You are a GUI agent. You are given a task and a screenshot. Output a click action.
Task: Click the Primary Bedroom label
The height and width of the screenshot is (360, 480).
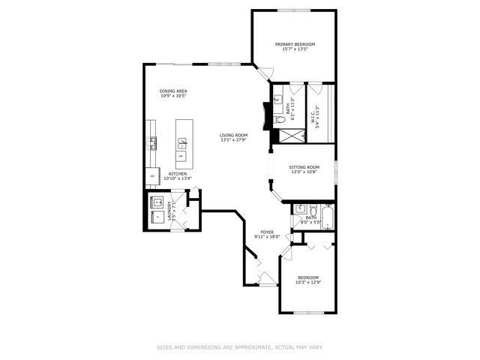pyautogui.click(x=294, y=44)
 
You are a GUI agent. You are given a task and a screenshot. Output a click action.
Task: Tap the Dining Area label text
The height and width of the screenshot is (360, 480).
pyautogui.click(x=173, y=91)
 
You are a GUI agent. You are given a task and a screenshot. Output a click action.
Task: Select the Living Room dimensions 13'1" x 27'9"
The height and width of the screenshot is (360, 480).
pyautogui.click(x=234, y=140)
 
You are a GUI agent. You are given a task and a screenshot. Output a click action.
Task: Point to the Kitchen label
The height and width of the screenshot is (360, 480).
pyautogui.click(x=178, y=173)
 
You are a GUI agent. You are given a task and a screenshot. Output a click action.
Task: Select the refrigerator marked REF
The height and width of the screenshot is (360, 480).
pyautogui.click(x=153, y=177)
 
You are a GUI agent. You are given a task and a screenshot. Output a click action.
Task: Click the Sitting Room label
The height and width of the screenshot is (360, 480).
pyautogui.click(x=304, y=167)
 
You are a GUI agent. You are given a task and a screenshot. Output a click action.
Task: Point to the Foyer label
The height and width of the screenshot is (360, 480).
pyautogui.click(x=266, y=232)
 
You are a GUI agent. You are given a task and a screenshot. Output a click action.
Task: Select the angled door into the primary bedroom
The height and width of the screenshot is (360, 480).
pyautogui.click(x=263, y=73)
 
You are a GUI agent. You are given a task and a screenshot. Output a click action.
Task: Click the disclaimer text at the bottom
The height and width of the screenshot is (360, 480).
pyautogui.click(x=239, y=347)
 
